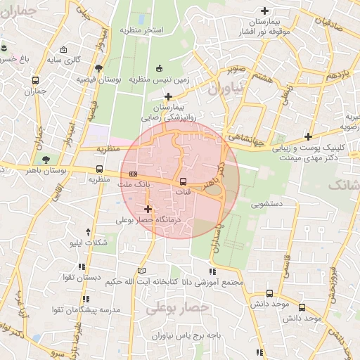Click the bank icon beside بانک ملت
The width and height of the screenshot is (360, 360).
(134, 174)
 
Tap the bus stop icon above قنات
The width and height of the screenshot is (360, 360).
(184, 181)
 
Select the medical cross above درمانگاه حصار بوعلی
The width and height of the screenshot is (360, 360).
(148, 209)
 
